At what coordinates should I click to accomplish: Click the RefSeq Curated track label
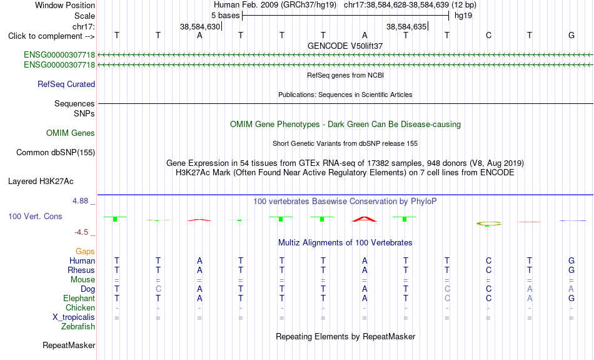66,85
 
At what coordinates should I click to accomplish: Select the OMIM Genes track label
71,133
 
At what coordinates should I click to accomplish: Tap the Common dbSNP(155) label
56,153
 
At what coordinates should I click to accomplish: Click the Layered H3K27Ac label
41,182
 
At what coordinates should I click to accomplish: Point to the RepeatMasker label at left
69,345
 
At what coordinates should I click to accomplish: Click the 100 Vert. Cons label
35,216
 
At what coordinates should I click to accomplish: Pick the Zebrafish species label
78,326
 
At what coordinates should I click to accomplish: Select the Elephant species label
79,298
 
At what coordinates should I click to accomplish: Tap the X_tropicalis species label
74,317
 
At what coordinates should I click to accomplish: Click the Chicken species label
80,307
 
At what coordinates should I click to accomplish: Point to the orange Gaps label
85,251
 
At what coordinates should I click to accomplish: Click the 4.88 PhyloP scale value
80,201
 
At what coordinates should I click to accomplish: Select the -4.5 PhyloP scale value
81,232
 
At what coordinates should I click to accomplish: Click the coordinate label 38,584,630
200,26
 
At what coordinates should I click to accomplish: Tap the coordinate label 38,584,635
406,26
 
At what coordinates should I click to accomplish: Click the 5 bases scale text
225,16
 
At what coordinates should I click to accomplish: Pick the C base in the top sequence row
489,35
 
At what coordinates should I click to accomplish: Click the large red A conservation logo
365,219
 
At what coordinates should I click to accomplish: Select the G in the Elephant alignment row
571,298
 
